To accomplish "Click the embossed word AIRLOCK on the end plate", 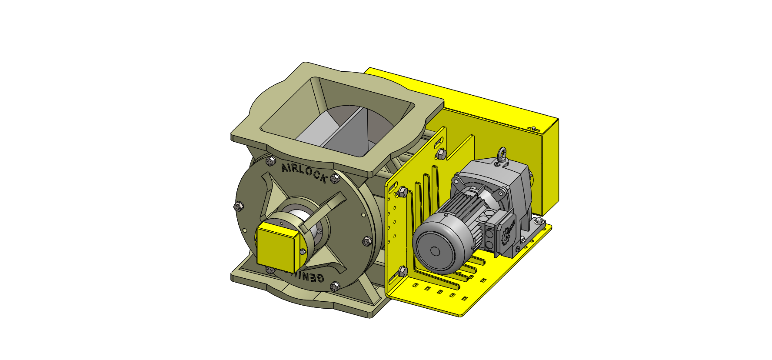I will (x=303, y=173).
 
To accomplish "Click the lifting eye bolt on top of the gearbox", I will (x=502, y=155).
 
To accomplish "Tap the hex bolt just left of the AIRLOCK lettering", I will (x=269, y=161).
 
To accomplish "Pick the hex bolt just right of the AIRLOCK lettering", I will (x=335, y=178).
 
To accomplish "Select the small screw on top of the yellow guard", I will (x=534, y=128).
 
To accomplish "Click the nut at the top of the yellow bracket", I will (x=440, y=153).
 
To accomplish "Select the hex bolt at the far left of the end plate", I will (x=238, y=206).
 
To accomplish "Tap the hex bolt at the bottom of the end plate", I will (x=334, y=286).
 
